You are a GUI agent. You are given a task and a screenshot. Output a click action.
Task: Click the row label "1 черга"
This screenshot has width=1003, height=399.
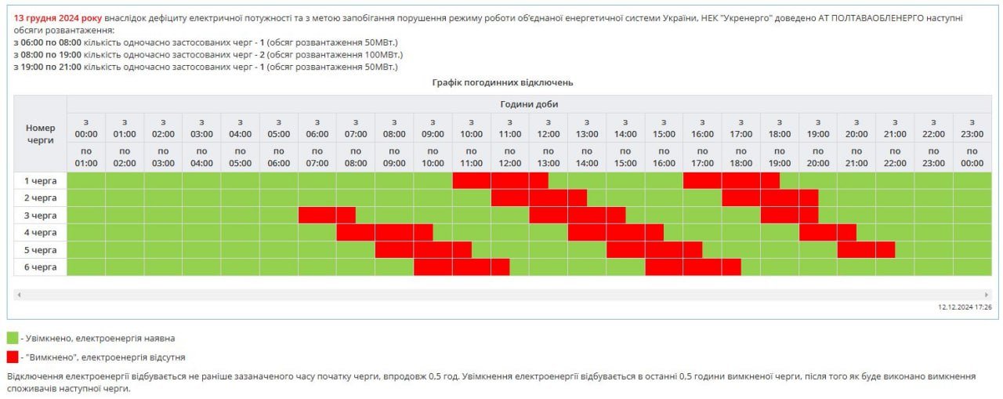40,180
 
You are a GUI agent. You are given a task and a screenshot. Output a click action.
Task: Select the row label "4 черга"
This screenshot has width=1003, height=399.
40,233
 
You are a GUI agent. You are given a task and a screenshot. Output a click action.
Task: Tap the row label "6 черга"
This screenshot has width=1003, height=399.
40,267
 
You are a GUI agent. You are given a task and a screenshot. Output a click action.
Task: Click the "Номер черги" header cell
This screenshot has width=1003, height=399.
40,133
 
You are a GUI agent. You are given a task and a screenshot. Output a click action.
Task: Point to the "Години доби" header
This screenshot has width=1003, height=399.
529,104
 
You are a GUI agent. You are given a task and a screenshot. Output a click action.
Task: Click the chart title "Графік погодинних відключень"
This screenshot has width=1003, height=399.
502,82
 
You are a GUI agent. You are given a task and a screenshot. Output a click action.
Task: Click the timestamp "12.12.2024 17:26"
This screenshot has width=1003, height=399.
965,307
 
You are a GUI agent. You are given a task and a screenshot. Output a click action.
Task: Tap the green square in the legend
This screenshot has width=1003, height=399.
12,338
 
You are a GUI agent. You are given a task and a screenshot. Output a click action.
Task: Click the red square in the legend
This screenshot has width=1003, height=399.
12,357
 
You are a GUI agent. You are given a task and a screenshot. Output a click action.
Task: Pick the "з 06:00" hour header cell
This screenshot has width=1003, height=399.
317,128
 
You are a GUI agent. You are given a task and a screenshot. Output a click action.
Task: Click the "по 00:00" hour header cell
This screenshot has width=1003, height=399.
972,157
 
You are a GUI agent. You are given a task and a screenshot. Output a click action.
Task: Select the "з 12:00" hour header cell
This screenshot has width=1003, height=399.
548,128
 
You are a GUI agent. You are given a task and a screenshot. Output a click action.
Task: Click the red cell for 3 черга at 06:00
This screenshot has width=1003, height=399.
317,215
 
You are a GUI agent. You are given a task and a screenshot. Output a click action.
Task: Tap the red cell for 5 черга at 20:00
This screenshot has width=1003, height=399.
856,250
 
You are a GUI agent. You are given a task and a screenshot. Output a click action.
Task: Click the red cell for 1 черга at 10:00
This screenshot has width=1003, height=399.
472,180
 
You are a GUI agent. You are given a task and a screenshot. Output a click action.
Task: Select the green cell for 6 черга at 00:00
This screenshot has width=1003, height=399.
86,267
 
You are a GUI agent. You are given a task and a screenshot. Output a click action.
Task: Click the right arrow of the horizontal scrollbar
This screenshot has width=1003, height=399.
987,295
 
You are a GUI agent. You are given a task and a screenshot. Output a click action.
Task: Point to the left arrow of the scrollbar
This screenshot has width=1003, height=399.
19,295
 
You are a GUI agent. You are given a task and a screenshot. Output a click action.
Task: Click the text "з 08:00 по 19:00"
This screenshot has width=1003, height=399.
48,55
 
